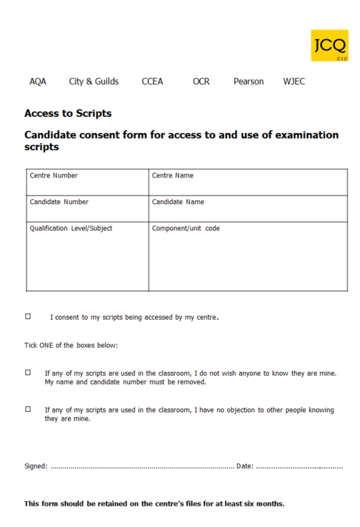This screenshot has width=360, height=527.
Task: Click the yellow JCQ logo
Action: pyautogui.click(x=330, y=45)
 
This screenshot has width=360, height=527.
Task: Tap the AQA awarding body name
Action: pyautogui.click(x=38, y=81)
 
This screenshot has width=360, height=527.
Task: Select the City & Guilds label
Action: pyautogui.click(x=94, y=81)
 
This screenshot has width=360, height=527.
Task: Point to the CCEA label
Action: pyautogui.click(x=152, y=81)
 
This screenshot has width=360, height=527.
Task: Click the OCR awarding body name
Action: pyautogui.click(x=201, y=81)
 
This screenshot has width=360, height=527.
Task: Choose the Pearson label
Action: pyautogui.click(x=248, y=81)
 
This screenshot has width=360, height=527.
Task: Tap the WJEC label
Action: pyautogui.click(x=294, y=81)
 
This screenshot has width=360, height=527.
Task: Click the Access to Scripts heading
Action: pyautogui.click(x=68, y=114)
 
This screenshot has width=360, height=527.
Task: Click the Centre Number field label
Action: pyautogui.click(x=54, y=176)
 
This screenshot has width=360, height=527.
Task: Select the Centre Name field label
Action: pyautogui.click(x=173, y=176)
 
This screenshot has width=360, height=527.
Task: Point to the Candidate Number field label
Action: pyautogui.click(x=59, y=202)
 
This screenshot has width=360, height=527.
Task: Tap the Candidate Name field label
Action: pyautogui.click(x=178, y=202)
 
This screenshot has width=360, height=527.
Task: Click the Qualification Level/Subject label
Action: pyautogui.click(x=71, y=228)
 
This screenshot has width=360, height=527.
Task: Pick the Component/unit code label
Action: pyautogui.click(x=186, y=228)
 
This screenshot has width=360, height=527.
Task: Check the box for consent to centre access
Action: pyautogui.click(x=28, y=317)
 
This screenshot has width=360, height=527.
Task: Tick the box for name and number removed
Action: pyautogui.click(x=28, y=373)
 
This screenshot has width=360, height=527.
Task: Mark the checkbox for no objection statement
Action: pyautogui.click(x=28, y=409)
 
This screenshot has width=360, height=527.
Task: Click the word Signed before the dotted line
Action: pyautogui.click(x=36, y=466)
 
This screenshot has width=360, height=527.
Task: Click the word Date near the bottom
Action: pyautogui.click(x=244, y=466)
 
